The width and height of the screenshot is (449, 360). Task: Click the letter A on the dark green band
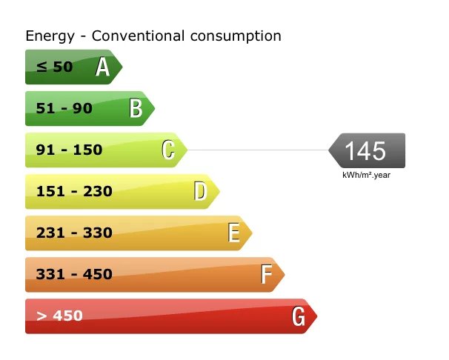pyautogui.click(x=103, y=67)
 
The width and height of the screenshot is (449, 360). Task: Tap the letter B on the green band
pyautogui.click(x=136, y=109)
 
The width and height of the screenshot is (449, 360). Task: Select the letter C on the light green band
pyautogui.click(x=168, y=150)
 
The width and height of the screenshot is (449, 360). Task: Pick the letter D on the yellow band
pyautogui.click(x=200, y=192)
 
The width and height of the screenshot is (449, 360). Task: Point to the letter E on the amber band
pyautogui.click(x=233, y=233)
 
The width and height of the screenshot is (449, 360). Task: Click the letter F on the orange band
pyautogui.click(x=266, y=275)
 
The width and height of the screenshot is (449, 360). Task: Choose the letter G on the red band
pyautogui.click(x=299, y=316)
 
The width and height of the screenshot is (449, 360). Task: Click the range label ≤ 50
pyautogui.click(x=54, y=67)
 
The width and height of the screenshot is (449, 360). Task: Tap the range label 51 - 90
pyautogui.click(x=64, y=109)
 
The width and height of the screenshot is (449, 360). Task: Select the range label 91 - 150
pyautogui.click(x=69, y=150)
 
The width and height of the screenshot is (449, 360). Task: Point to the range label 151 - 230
pyautogui.click(x=74, y=192)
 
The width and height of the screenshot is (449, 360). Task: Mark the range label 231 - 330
pyautogui.click(x=74, y=233)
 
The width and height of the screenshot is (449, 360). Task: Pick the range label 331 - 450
pyautogui.click(x=74, y=275)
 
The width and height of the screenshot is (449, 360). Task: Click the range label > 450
pyautogui.click(x=59, y=316)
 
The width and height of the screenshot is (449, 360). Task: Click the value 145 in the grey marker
pyautogui.click(x=365, y=151)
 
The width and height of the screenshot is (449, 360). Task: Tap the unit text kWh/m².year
pyautogui.click(x=366, y=176)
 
